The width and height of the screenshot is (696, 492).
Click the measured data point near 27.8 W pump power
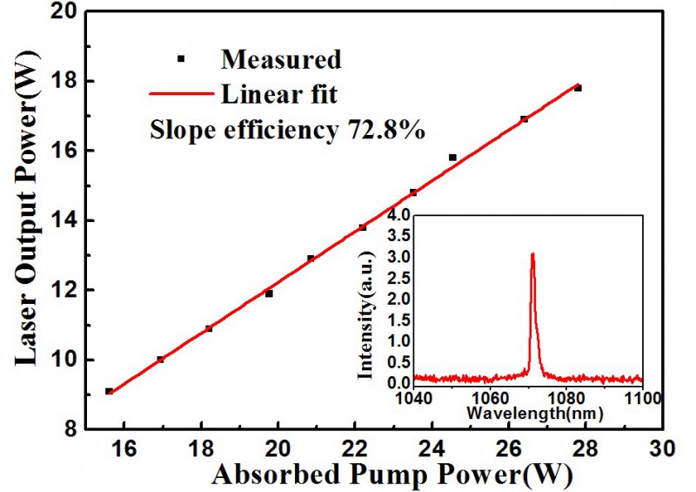pyautogui.click(x=578, y=88)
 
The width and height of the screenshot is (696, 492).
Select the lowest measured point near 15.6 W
pyautogui.click(x=109, y=391)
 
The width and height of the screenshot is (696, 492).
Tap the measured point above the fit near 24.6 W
pyautogui.click(x=452, y=158)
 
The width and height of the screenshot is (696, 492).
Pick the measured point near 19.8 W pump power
pyautogui.click(x=269, y=293)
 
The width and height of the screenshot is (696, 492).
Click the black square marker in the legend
pyautogui.click(x=181, y=59)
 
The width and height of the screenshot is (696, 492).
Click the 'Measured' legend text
pyautogui.click(x=281, y=59)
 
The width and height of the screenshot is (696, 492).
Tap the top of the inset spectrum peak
pyautogui.click(x=532, y=253)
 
